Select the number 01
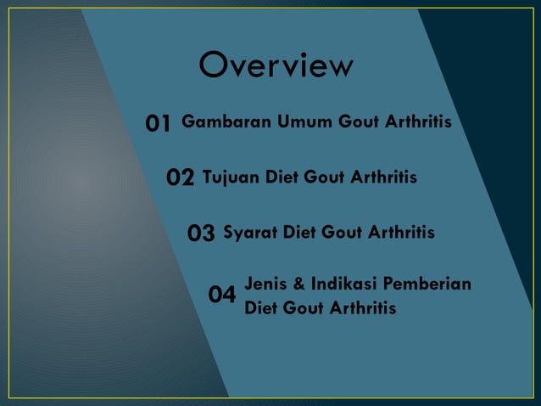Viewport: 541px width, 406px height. click(159, 124)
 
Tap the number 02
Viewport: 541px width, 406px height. click(181, 178)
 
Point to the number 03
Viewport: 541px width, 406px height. click(201, 233)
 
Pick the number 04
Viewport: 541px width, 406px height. click(222, 296)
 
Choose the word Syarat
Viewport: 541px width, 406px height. click(249, 232)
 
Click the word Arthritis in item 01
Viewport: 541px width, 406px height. click(418, 121)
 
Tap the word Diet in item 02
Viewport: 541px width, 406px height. click(283, 177)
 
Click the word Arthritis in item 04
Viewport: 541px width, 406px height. click(362, 307)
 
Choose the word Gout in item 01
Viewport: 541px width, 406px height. click(360, 121)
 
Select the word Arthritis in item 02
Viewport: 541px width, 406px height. click(383, 177)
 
